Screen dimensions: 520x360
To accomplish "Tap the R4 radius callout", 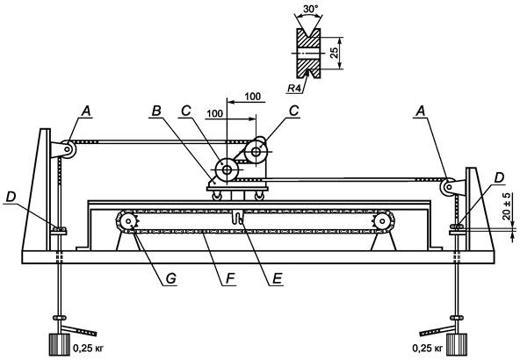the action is [295, 88].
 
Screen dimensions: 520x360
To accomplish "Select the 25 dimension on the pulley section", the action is [335, 53].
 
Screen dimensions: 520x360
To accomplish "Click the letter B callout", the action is [156, 112].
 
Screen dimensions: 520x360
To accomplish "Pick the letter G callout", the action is [170, 279].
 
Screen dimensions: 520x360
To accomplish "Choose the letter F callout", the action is [230, 279].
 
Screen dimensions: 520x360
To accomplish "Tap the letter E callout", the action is [278, 279].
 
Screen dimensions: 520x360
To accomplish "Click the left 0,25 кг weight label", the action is [89, 349].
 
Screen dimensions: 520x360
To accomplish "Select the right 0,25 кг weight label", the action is [428, 349].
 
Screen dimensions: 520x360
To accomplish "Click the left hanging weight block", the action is [60, 344].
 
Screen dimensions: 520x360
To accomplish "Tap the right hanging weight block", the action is [457, 344].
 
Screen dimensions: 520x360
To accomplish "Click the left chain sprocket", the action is [128, 220].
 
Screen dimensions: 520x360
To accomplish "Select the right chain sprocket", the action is [383, 220].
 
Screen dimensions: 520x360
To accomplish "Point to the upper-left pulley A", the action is [68, 149].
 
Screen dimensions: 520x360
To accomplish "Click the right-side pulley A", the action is [448, 187].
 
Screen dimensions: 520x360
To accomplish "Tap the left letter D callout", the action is [11, 197].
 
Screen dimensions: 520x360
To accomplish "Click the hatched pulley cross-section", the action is [308, 53].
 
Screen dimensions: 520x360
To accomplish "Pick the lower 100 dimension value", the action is [214, 113].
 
